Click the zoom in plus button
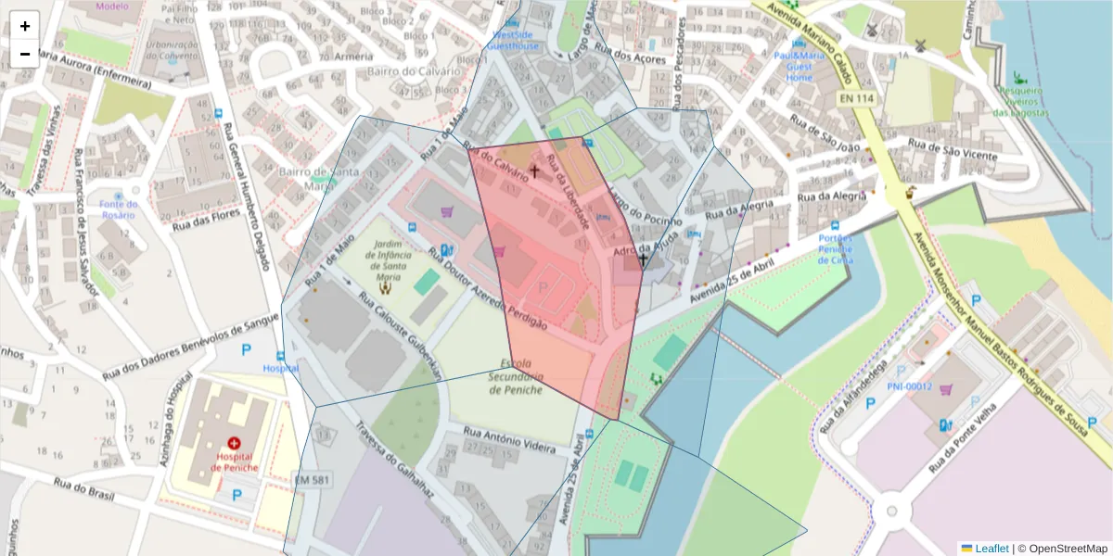tap(24, 26)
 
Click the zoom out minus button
tap(24, 54)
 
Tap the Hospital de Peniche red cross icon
tap(233, 444)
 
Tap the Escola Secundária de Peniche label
tap(520, 376)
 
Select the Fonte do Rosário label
tap(119, 209)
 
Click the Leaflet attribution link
tap(991, 549)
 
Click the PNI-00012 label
tap(909, 386)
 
